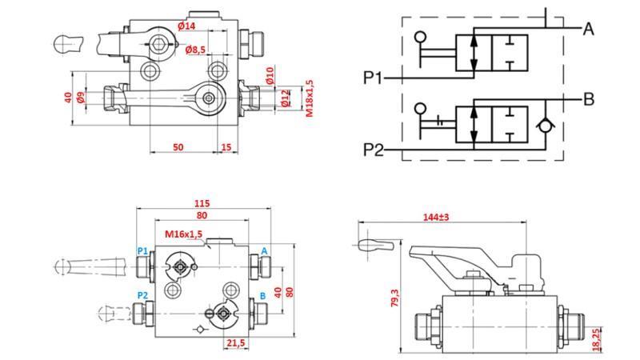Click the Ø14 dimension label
pos(186,26)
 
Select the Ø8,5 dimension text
pos(196,50)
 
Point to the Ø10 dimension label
pos(270,76)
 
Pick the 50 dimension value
pos(178,147)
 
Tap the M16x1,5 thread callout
pos(184,234)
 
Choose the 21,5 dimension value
pos(235,343)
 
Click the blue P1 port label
pos(142,250)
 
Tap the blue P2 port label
pos(142,295)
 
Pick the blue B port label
pos(262,295)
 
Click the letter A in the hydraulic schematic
pos(588,30)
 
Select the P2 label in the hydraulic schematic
pos(374,150)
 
